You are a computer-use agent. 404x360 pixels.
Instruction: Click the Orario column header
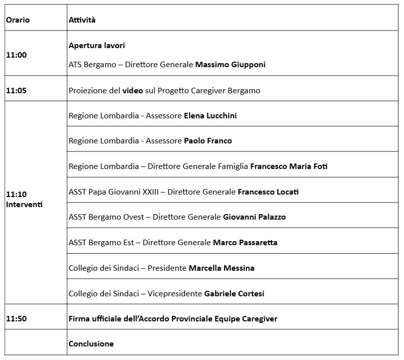pos(18,20)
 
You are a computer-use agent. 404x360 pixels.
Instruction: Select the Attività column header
pos(82,20)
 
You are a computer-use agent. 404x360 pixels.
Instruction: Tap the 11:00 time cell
pos(16,55)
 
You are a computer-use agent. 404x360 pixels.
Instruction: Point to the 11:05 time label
pos(16,91)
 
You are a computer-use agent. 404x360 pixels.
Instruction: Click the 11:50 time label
pos(16,318)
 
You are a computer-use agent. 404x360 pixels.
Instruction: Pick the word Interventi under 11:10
pos(24,205)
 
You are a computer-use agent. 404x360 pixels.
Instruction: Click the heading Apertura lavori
pos(97,46)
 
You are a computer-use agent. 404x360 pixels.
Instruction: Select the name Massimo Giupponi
pos(230,65)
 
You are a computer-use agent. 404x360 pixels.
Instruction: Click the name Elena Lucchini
pos(210,116)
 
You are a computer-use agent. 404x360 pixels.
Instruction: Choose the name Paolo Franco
pos(208,141)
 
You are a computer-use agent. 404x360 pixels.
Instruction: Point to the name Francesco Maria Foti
pos(288,166)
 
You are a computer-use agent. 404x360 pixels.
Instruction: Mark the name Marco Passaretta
pos(245,243)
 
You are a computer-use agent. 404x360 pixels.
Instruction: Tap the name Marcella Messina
pos(221,268)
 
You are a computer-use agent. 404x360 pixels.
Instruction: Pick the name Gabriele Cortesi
pos(234,294)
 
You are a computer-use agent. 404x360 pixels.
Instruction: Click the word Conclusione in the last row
pos(91,344)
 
